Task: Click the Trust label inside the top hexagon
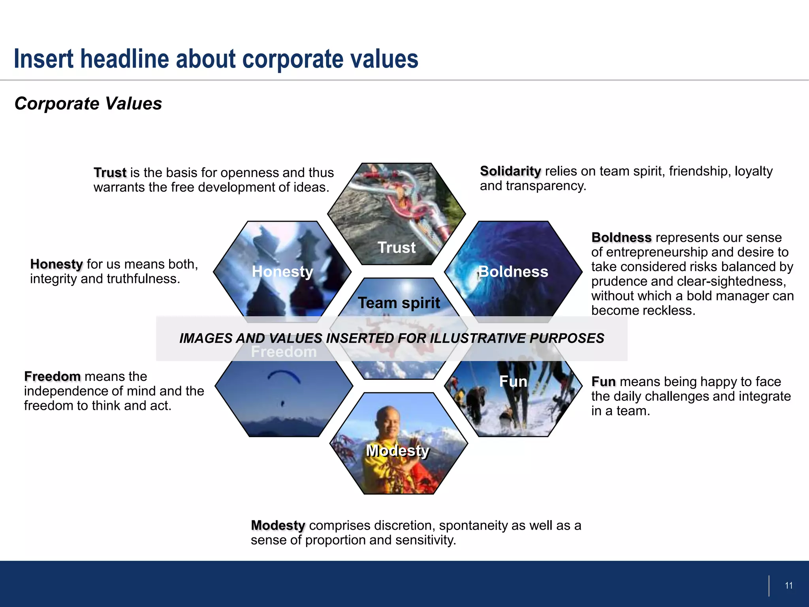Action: (x=397, y=248)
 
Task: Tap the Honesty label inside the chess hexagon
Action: (x=282, y=272)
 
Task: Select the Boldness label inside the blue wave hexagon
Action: (x=513, y=272)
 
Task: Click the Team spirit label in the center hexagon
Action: (x=399, y=303)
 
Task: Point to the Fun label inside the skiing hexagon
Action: (x=513, y=382)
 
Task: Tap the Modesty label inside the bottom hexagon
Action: (x=397, y=451)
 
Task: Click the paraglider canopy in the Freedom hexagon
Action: (x=284, y=375)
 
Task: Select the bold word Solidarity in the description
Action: (x=510, y=171)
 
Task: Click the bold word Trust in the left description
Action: (x=110, y=173)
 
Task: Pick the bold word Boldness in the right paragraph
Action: (x=621, y=238)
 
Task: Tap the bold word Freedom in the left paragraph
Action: (x=52, y=377)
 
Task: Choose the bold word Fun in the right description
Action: (x=603, y=382)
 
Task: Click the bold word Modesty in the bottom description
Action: (x=278, y=526)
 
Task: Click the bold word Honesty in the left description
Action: (x=56, y=264)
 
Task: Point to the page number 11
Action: (x=788, y=586)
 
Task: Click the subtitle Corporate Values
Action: (x=88, y=104)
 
